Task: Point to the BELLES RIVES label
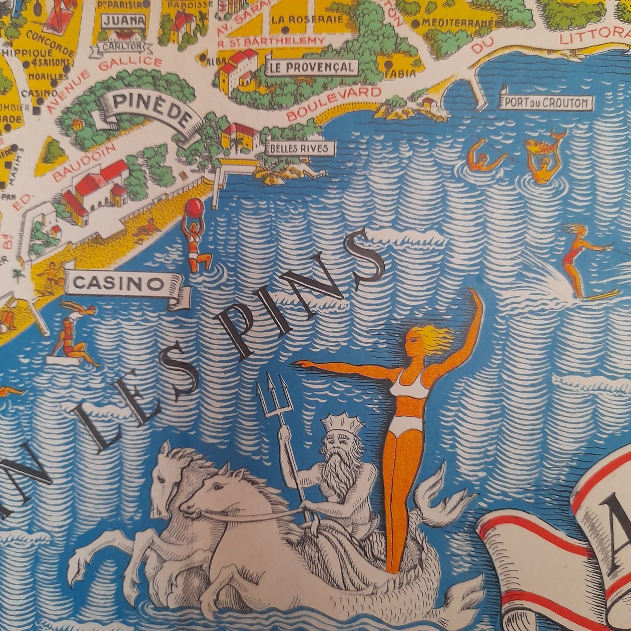pos(299,148)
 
